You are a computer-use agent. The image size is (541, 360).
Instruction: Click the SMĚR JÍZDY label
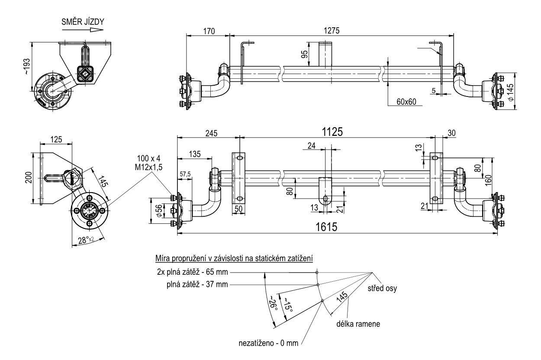83,22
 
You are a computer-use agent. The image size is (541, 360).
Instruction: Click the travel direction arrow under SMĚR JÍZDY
83,30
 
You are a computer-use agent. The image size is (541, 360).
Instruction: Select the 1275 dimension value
332,31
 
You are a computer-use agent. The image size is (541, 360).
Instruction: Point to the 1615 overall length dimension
326,227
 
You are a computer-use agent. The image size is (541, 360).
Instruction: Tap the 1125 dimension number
332,132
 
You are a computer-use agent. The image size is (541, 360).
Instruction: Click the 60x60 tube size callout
406,102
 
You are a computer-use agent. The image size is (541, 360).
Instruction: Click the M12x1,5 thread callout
148,167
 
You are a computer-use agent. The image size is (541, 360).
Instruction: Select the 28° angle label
86,240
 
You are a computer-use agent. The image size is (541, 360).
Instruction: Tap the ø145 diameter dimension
510,93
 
